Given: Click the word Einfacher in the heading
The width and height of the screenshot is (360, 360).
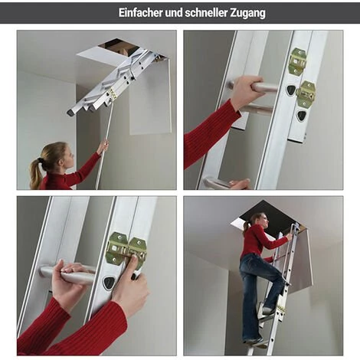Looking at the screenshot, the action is (x=141, y=13).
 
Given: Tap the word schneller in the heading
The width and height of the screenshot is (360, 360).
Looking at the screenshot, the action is (x=206, y=13).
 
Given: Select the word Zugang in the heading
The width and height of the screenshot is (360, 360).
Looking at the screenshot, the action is (x=247, y=13).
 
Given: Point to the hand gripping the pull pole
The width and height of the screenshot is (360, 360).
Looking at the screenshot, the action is (x=103, y=146).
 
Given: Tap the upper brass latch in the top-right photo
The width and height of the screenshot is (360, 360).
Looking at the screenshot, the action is (x=297, y=61).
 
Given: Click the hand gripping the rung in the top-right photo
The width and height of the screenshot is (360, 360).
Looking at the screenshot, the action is (x=247, y=90).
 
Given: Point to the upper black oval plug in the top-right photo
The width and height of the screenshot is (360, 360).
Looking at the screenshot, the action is (x=291, y=90).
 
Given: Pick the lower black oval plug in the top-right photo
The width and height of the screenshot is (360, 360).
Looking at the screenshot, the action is (x=301, y=116).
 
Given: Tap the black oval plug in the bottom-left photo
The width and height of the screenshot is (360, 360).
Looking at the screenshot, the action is (x=109, y=283).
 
